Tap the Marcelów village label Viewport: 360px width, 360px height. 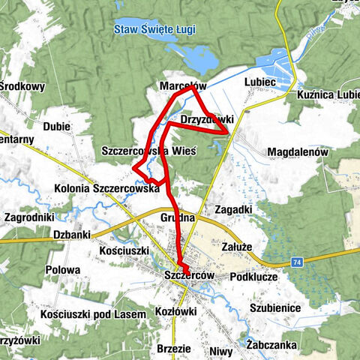(x=182, y=86)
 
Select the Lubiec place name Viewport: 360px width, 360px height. (x=260, y=82)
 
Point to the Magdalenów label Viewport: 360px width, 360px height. (x=298, y=151)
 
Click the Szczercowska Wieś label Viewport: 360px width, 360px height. (x=148, y=151)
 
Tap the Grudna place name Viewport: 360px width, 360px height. (x=178, y=218)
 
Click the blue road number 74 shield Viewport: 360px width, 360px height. (x=298, y=262)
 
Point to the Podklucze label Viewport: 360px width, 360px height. (x=254, y=277)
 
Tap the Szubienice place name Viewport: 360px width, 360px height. (x=275, y=307)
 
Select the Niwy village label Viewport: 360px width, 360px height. (x=221, y=349)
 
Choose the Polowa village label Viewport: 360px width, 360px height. (x=63, y=270)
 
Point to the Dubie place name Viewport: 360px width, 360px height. (x=57, y=126)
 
